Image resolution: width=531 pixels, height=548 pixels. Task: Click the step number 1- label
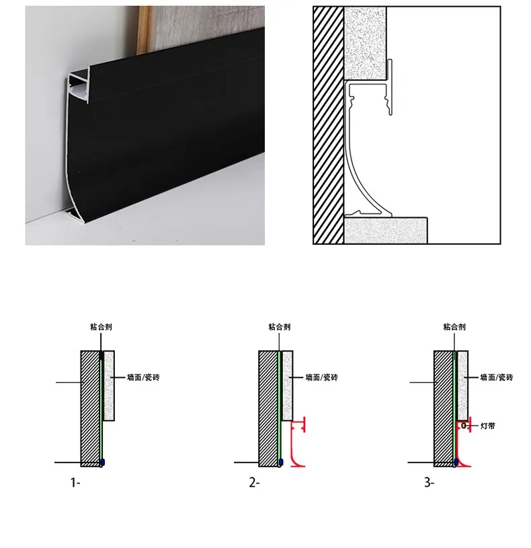tap(75, 483)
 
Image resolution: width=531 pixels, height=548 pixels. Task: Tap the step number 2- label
tap(254, 483)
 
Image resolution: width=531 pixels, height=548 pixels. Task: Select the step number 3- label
tap(430, 483)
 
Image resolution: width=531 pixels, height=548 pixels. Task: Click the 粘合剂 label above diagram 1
tap(101, 327)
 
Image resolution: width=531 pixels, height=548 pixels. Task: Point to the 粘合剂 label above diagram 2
tap(280, 327)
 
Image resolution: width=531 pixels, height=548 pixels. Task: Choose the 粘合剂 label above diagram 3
tap(454, 327)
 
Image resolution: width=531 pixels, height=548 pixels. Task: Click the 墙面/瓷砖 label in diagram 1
tap(143, 377)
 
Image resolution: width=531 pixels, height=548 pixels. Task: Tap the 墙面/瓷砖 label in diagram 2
tap(322, 377)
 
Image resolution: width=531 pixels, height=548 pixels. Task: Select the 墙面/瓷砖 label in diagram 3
tap(497, 377)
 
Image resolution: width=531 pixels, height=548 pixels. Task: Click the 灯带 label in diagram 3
tap(488, 426)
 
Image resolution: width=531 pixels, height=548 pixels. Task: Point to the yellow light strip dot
tap(464, 426)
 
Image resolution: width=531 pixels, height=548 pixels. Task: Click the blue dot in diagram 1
tap(102, 463)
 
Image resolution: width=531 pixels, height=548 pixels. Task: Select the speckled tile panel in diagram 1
tap(109, 385)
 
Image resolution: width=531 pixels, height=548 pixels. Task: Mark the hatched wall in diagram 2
tap(268, 409)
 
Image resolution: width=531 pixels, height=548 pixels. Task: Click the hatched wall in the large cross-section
tap(329, 125)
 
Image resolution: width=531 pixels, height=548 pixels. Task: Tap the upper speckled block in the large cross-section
tap(365, 43)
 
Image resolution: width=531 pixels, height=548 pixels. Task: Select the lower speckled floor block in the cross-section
tap(386, 231)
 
